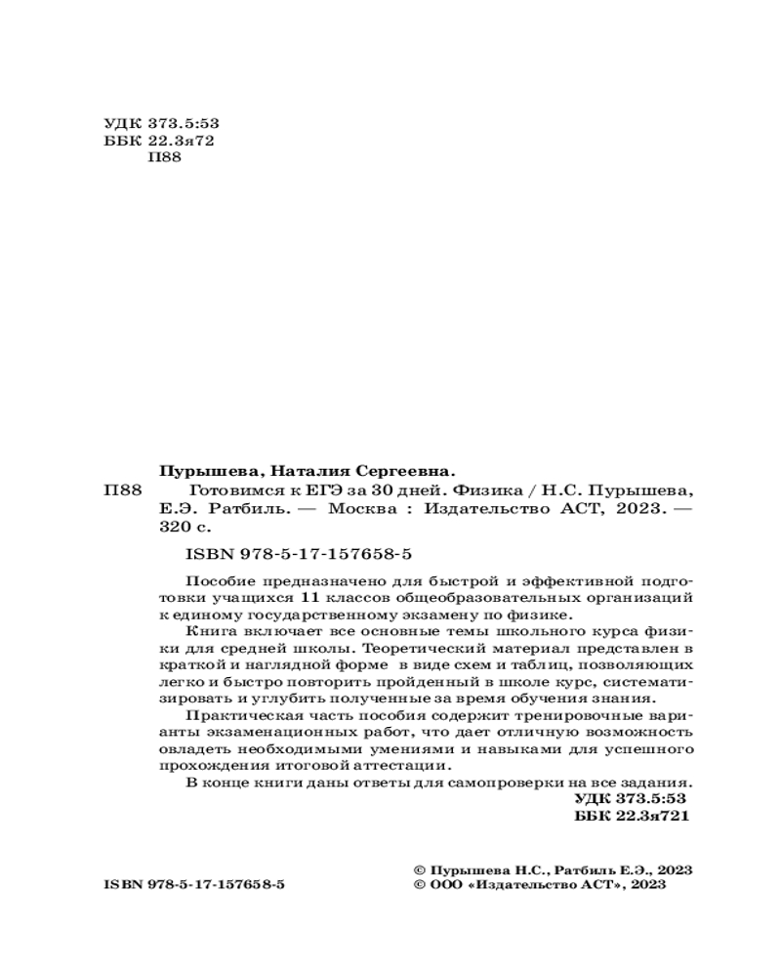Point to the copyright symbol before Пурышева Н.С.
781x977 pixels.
pos(421,868)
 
